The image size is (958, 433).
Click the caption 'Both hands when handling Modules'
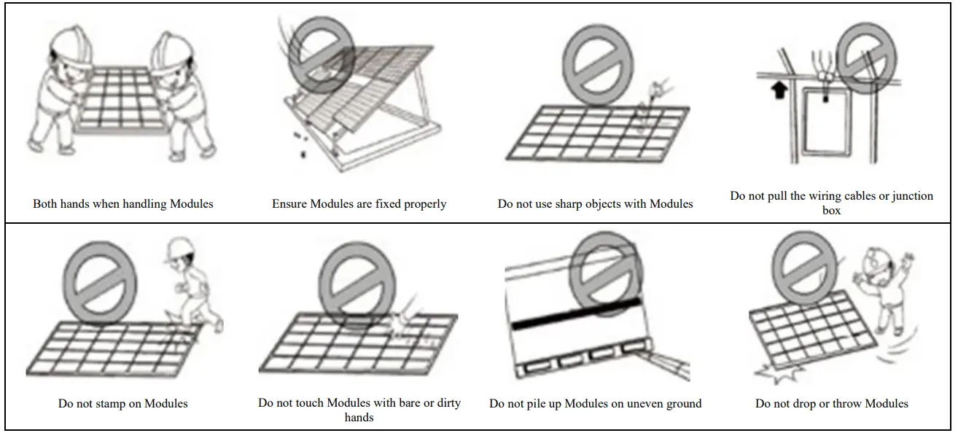[122, 204]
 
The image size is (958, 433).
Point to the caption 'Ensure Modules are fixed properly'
[359, 204]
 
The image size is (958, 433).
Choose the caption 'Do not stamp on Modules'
[122, 404]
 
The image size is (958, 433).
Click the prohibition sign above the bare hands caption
[358, 281]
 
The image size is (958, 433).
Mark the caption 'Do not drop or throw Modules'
[831, 404]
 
